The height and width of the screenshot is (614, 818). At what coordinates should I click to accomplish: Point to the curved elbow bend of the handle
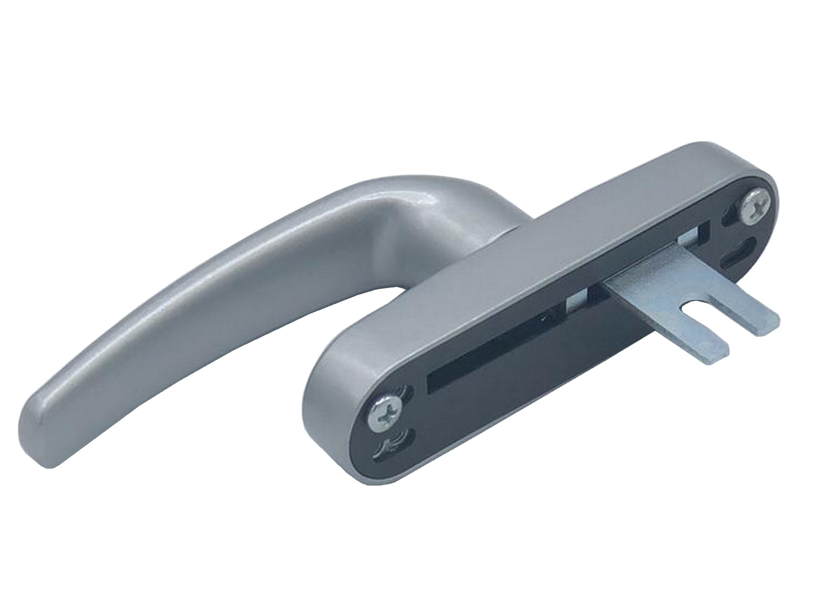404,205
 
